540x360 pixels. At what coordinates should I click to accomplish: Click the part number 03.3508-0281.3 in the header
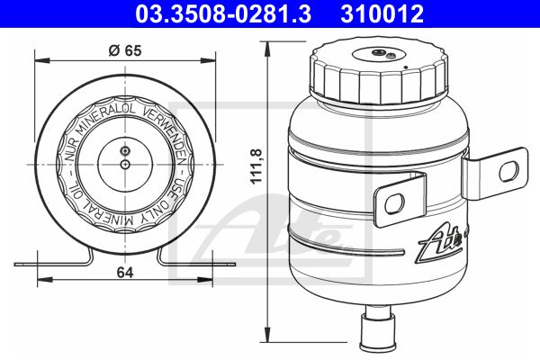pyautogui.click(x=223, y=14)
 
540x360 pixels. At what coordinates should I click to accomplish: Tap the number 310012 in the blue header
pyautogui.click(x=382, y=14)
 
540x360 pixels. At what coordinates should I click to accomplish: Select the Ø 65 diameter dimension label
pyautogui.click(x=125, y=50)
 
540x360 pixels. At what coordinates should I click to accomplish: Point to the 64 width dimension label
pyautogui.click(x=125, y=273)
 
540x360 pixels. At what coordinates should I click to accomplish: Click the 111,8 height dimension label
pyautogui.click(x=256, y=166)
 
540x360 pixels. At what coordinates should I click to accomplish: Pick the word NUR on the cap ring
pyautogui.click(x=71, y=150)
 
